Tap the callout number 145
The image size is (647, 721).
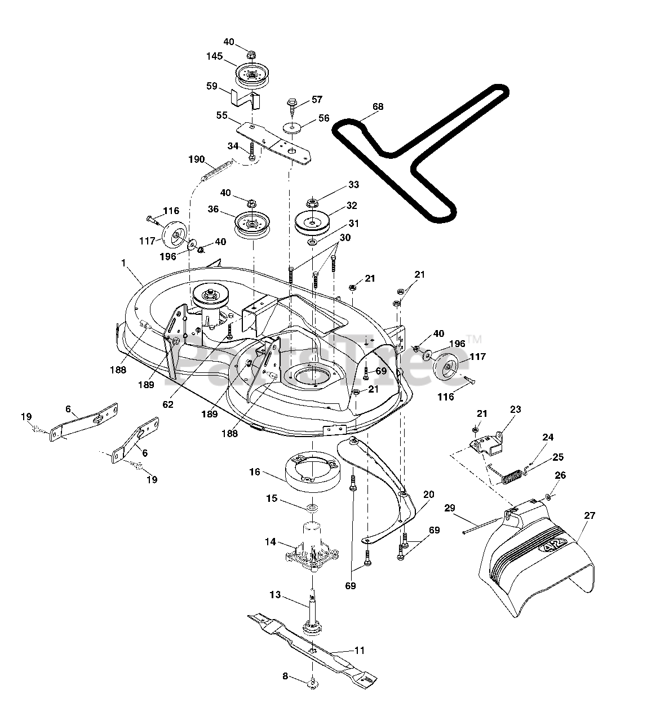click(x=215, y=56)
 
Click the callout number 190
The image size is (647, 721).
click(x=197, y=159)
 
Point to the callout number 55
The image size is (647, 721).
click(x=223, y=115)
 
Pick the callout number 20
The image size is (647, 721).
click(x=428, y=495)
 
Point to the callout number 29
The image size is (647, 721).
click(x=450, y=509)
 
